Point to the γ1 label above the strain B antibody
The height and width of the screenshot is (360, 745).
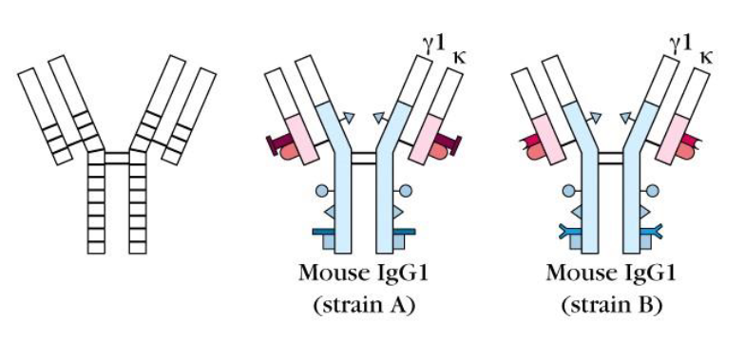[679, 42]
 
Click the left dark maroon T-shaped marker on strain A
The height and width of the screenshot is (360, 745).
[279, 143]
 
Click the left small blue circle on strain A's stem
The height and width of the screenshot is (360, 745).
[321, 190]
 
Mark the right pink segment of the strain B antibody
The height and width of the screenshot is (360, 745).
[681, 131]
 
